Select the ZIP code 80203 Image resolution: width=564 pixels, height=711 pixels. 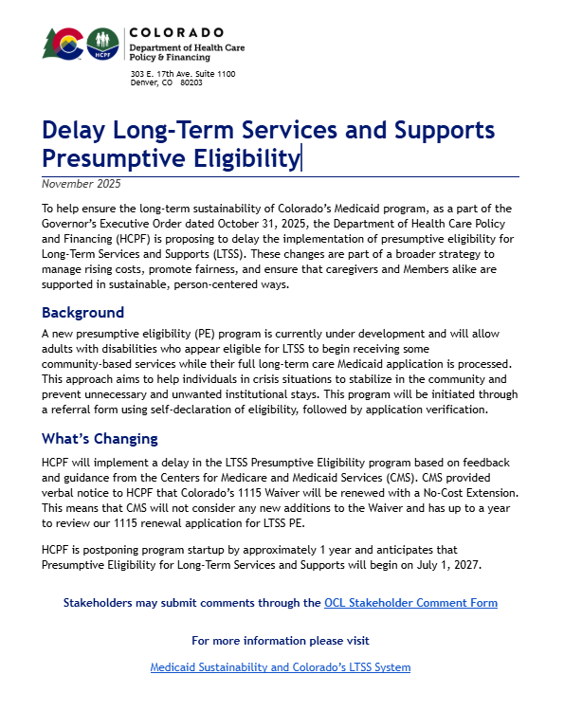(x=191, y=82)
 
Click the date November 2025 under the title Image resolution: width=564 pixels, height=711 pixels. (x=82, y=184)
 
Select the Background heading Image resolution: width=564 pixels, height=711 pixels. (x=82, y=313)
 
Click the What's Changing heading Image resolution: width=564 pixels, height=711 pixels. (x=100, y=439)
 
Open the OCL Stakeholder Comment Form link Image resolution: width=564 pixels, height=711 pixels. (x=410, y=603)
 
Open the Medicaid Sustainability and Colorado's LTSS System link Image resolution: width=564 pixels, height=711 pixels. (x=281, y=667)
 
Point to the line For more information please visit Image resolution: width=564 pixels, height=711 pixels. (x=281, y=641)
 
